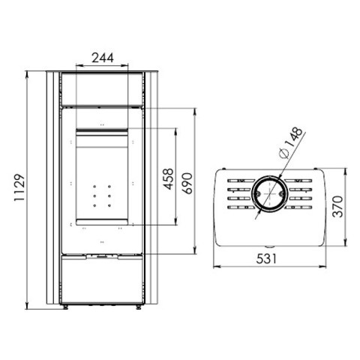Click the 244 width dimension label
[x=103, y=58]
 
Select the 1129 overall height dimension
[x=19, y=187]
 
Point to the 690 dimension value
[x=187, y=183]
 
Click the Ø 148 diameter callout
[x=291, y=143]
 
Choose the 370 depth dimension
[x=337, y=206]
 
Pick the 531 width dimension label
[x=266, y=259]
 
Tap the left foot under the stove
[x=65, y=307]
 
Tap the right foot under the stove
[x=138, y=307]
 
